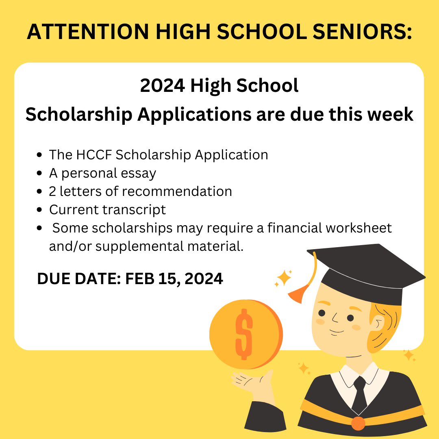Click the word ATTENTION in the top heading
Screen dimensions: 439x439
pos(88,31)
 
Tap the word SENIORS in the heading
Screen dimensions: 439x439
pos(362,31)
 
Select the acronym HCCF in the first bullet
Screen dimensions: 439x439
pos(94,155)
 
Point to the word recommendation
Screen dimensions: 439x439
pos(177,191)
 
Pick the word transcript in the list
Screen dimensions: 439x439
pos(134,210)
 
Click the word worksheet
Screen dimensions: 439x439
pos(359,228)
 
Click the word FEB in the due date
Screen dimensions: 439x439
pos(139,279)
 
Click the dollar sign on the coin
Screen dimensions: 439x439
pos(244,334)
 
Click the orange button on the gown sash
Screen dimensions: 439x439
pos(358,423)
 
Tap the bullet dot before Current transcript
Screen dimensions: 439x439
pos(39,210)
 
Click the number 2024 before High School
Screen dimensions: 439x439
pos(162,85)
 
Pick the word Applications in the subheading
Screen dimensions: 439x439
pos(194,115)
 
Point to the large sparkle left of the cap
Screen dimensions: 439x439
pos(284,278)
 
